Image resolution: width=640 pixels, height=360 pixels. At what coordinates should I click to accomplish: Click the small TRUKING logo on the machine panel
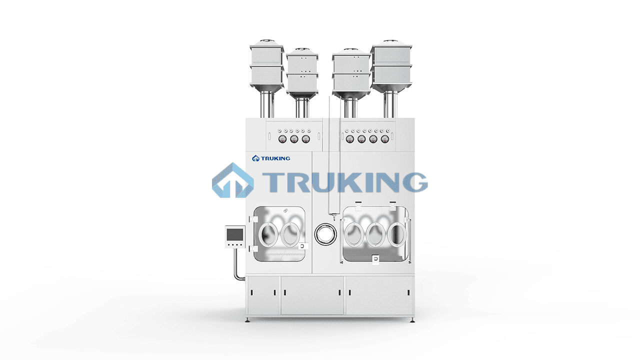click(271, 158)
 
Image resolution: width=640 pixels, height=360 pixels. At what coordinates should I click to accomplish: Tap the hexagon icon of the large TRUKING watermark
click(233, 180)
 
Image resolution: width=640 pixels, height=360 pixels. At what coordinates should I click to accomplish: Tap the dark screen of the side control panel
click(235, 234)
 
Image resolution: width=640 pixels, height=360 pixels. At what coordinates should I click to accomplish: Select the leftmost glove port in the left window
click(268, 234)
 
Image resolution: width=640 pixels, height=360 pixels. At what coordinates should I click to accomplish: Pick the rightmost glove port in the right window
click(397, 234)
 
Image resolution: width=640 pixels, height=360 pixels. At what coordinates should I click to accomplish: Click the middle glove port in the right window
click(375, 234)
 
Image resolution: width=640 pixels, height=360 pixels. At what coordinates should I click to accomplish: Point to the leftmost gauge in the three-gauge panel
click(282, 139)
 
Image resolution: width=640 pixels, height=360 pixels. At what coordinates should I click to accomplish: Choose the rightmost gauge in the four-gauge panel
click(385, 139)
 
